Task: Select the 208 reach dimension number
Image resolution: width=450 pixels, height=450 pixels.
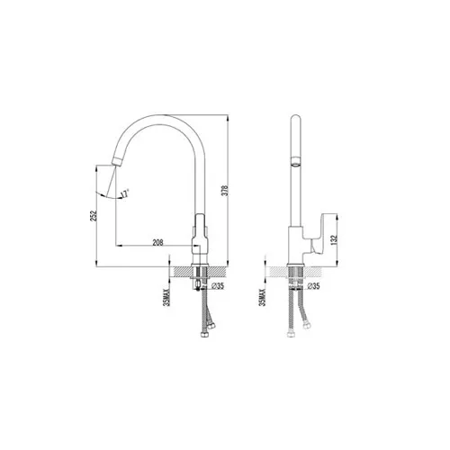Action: (158, 242)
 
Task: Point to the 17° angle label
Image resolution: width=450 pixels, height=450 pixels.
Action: (126, 192)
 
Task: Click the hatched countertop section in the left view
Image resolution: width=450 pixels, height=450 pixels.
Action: (184, 270)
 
